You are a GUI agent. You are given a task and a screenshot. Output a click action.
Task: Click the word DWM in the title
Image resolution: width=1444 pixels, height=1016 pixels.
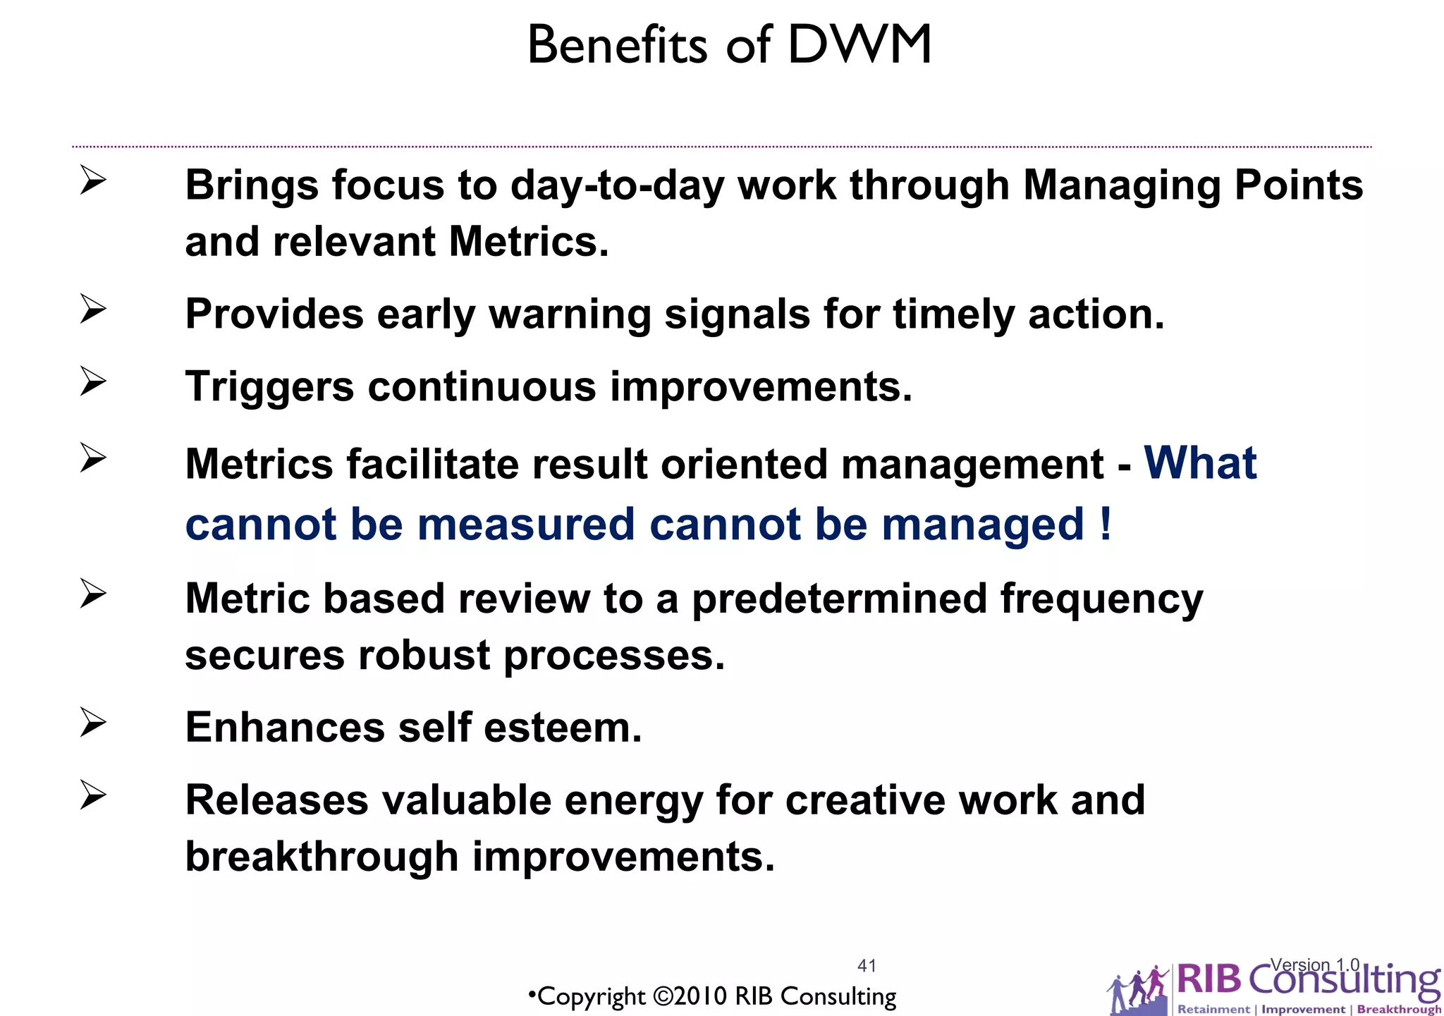(x=859, y=45)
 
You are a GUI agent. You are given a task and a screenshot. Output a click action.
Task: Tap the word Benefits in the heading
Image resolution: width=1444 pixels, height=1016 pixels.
(x=616, y=45)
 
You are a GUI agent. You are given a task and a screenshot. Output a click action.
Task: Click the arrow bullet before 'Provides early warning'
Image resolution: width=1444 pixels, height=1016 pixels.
(x=92, y=309)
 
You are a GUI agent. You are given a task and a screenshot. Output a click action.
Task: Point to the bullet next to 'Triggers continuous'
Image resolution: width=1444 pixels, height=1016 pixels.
(x=92, y=381)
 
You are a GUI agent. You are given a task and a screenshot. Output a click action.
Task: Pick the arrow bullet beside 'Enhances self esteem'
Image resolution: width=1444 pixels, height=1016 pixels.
(x=92, y=723)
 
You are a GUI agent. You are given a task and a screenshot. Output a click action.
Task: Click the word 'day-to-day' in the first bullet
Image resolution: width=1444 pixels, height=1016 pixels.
(x=617, y=186)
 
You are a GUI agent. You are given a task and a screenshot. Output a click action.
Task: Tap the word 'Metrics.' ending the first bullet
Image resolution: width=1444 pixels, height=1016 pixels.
(x=529, y=242)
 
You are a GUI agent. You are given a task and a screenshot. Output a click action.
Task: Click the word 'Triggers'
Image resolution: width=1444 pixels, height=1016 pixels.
(x=269, y=387)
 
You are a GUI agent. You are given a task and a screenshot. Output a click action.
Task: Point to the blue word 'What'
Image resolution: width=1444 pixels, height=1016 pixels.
(x=1200, y=463)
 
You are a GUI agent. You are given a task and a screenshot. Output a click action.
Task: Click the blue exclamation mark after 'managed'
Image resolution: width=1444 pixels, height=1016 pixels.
(x=1105, y=524)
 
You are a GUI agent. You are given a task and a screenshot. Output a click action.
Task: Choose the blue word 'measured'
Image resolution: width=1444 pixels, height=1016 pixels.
(x=526, y=525)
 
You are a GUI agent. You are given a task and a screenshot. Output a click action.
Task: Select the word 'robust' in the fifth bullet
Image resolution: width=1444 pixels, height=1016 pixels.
(x=423, y=656)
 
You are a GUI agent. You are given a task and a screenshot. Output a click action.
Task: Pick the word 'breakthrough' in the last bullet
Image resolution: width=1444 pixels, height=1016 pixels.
(x=322, y=857)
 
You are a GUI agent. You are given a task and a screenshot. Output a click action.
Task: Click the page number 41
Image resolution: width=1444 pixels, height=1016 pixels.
(x=867, y=965)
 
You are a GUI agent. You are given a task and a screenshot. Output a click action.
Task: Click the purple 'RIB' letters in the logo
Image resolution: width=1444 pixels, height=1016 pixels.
(x=1209, y=981)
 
